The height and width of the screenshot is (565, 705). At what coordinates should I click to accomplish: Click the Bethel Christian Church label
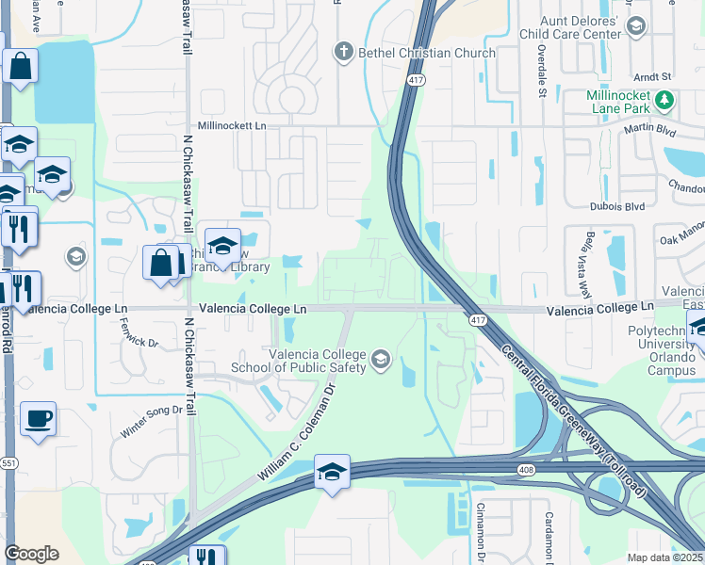[x=427, y=53]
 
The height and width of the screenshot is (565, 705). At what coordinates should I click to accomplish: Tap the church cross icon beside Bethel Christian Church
[x=345, y=51]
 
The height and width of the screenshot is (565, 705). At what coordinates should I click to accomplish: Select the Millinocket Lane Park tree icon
[x=665, y=99]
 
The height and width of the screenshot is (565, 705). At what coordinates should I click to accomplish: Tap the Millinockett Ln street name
[x=232, y=125]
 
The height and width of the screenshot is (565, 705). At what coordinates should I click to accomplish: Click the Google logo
[x=32, y=554]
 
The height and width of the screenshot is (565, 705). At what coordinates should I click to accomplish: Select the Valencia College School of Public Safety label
[x=317, y=361]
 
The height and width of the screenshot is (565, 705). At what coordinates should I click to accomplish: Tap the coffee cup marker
[x=38, y=419]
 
